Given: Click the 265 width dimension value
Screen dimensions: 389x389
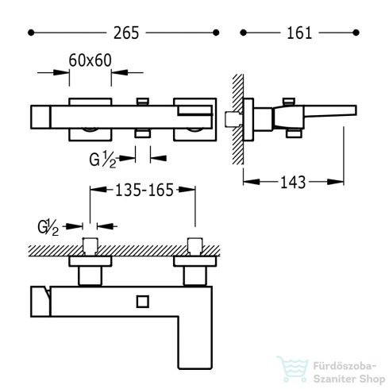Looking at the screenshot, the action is click(x=126, y=33).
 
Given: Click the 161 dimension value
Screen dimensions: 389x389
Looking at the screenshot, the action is click(x=299, y=33).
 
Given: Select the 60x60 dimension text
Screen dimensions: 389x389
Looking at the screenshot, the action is click(x=90, y=60).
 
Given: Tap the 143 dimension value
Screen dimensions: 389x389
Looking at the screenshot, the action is click(x=293, y=183).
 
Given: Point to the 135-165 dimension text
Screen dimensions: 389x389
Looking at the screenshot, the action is click(x=144, y=190).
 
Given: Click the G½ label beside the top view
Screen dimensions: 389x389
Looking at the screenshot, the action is click(x=102, y=160).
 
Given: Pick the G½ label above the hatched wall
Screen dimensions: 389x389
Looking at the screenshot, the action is click(x=48, y=227).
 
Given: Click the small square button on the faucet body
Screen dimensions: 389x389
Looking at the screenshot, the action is click(x=143, y=302).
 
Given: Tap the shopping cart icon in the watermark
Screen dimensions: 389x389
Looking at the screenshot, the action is click(x=293, y=368).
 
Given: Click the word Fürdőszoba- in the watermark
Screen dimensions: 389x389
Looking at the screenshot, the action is click(x=345, y=366).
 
